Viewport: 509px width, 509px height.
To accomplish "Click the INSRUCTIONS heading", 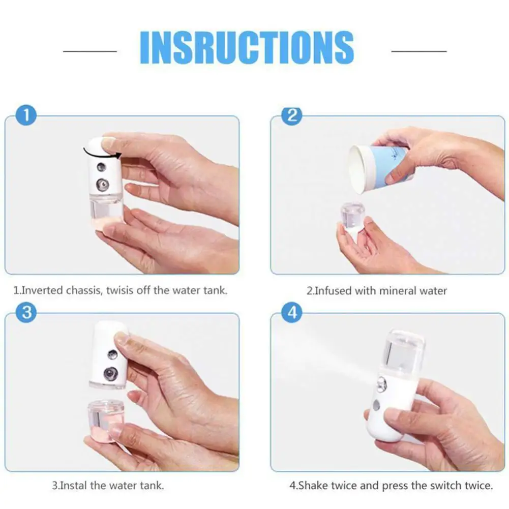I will point(247,47).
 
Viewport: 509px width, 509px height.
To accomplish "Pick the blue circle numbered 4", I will point(292,312).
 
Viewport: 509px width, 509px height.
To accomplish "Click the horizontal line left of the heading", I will point(90,51).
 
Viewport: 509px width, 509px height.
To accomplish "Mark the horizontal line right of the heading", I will point(419,51).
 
